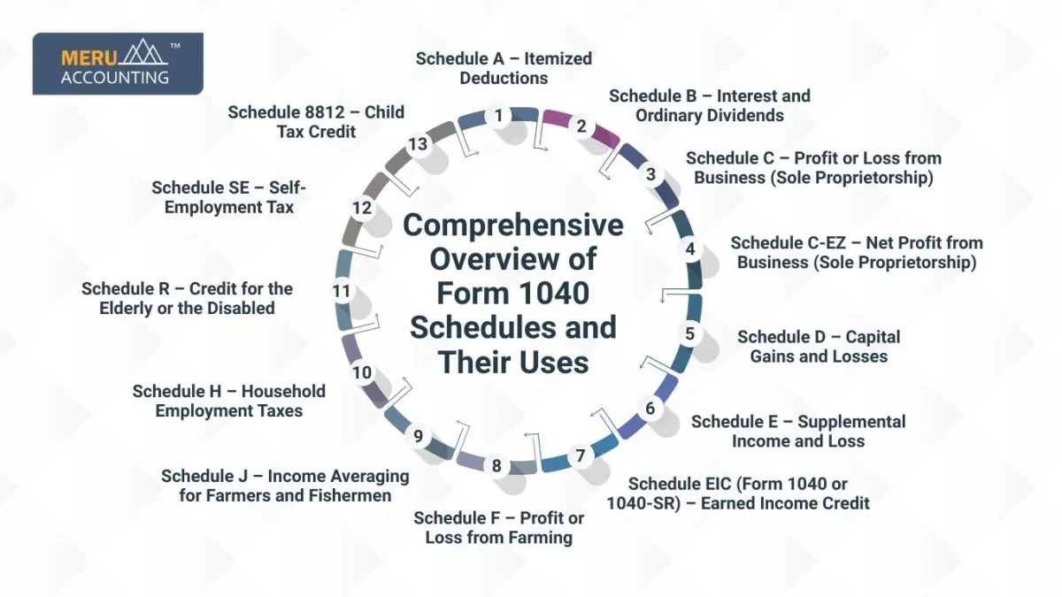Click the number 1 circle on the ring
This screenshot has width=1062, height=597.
498,116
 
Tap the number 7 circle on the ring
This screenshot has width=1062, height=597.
581,455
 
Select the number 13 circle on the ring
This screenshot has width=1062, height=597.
418,144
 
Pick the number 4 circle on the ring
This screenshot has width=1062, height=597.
690,249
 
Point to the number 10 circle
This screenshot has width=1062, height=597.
362,373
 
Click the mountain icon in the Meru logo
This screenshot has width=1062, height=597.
144,52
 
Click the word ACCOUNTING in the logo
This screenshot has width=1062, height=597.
115,77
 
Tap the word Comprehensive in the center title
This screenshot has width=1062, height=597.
513,225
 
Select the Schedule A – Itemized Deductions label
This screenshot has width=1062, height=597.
504,68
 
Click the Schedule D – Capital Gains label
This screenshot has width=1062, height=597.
819,347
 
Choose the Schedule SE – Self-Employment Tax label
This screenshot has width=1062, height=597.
229,197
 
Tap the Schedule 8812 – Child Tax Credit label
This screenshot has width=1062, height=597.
316,122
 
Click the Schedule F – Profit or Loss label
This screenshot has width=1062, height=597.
499,528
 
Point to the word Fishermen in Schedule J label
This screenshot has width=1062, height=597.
350,495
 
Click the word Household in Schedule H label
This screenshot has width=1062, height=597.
283,391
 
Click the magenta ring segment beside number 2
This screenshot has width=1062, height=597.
581,126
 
